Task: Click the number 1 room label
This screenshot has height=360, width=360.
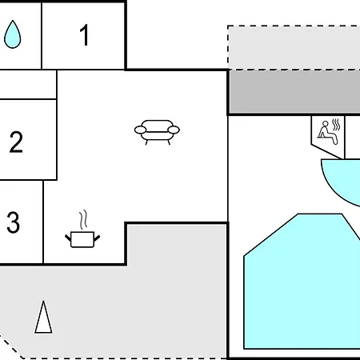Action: coord(84,35)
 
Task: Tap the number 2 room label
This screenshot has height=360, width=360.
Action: coord(16,142)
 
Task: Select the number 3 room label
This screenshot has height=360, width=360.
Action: coord(13,222)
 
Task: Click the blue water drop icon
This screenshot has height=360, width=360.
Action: coord(12,34)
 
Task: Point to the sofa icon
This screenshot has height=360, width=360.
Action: coord(157,132)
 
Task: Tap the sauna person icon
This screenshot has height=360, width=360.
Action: coord(328,132)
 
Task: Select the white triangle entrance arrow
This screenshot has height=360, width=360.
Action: coord(43,318)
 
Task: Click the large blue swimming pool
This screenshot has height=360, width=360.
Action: coord(302,282)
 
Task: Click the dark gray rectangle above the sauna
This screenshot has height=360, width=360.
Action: coord(294,92)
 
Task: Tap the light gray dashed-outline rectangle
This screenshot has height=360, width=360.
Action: coord(294,47)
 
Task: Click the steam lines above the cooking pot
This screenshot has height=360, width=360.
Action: coord(83,220)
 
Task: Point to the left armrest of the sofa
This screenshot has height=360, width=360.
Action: coord(140,130)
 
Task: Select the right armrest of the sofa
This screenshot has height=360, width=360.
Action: coord(174,130)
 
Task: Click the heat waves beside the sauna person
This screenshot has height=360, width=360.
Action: coord(336,125)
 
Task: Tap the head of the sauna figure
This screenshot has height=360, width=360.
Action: coord(326,123)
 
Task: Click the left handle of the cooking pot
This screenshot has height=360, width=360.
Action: coord(68,238)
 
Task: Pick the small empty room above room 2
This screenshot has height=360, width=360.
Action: coord(28,84)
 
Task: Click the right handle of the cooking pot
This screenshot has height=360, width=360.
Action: coord(97,238)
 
